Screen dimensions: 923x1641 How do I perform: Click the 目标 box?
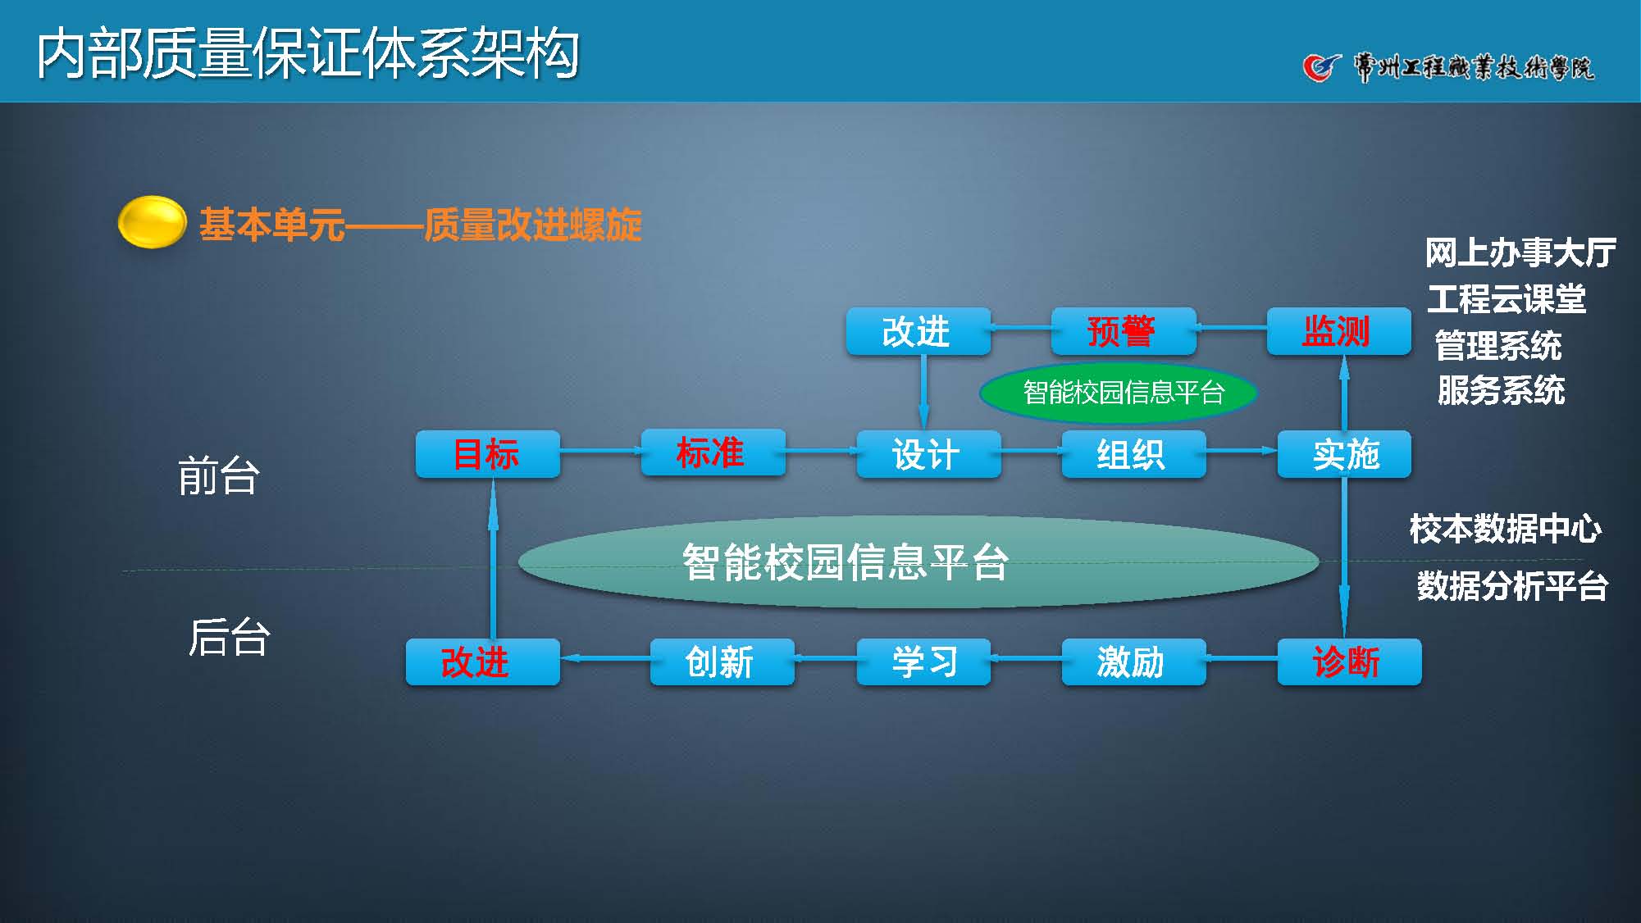pos(487,454)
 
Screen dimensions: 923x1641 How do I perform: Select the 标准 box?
pos(712,452)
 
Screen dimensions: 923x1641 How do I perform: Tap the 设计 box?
pos(928,454)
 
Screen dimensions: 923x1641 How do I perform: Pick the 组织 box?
pos(1133,454)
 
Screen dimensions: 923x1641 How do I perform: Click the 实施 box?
pos(1344,454)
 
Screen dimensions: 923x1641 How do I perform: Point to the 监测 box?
pos(1338,331)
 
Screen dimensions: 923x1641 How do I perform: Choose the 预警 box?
pos(1123,331)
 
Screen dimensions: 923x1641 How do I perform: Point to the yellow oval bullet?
pos(152,222)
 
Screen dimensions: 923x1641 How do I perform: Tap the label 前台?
pos(219,476)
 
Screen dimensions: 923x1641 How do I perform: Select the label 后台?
pos(229,637)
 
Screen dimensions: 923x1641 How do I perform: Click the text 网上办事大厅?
pos(1520,252)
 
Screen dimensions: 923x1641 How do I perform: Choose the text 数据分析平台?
pos(1511,587)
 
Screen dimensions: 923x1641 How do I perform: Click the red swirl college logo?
pos(1320,67)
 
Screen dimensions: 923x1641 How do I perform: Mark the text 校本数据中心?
pos(1505,529)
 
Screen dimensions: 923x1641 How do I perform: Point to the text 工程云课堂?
pos(1507,299)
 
